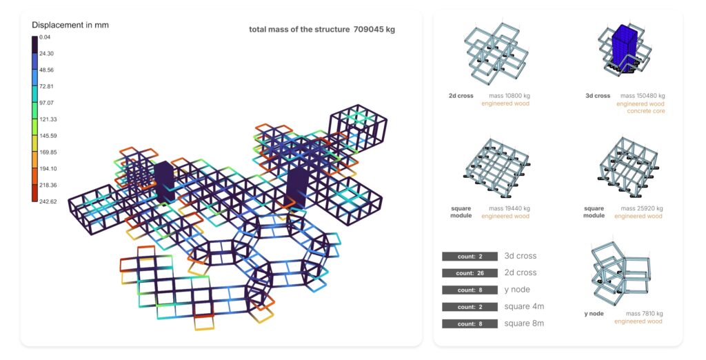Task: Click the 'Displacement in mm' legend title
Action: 70,25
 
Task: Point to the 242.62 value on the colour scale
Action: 48,201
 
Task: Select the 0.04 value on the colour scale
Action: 45,37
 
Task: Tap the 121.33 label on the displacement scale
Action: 48,119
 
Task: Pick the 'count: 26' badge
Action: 470,273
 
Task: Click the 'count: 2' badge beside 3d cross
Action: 470,257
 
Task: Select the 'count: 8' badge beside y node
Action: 470,290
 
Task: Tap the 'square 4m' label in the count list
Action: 524,306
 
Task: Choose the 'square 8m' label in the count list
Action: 524,323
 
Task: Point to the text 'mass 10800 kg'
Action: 510,96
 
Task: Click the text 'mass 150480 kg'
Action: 643,96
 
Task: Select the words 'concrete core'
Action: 645,111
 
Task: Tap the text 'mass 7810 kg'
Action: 645,314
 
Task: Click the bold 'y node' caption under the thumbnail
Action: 594,314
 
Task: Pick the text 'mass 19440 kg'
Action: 510,208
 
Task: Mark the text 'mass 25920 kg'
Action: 642,208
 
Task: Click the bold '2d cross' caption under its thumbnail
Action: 461,96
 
